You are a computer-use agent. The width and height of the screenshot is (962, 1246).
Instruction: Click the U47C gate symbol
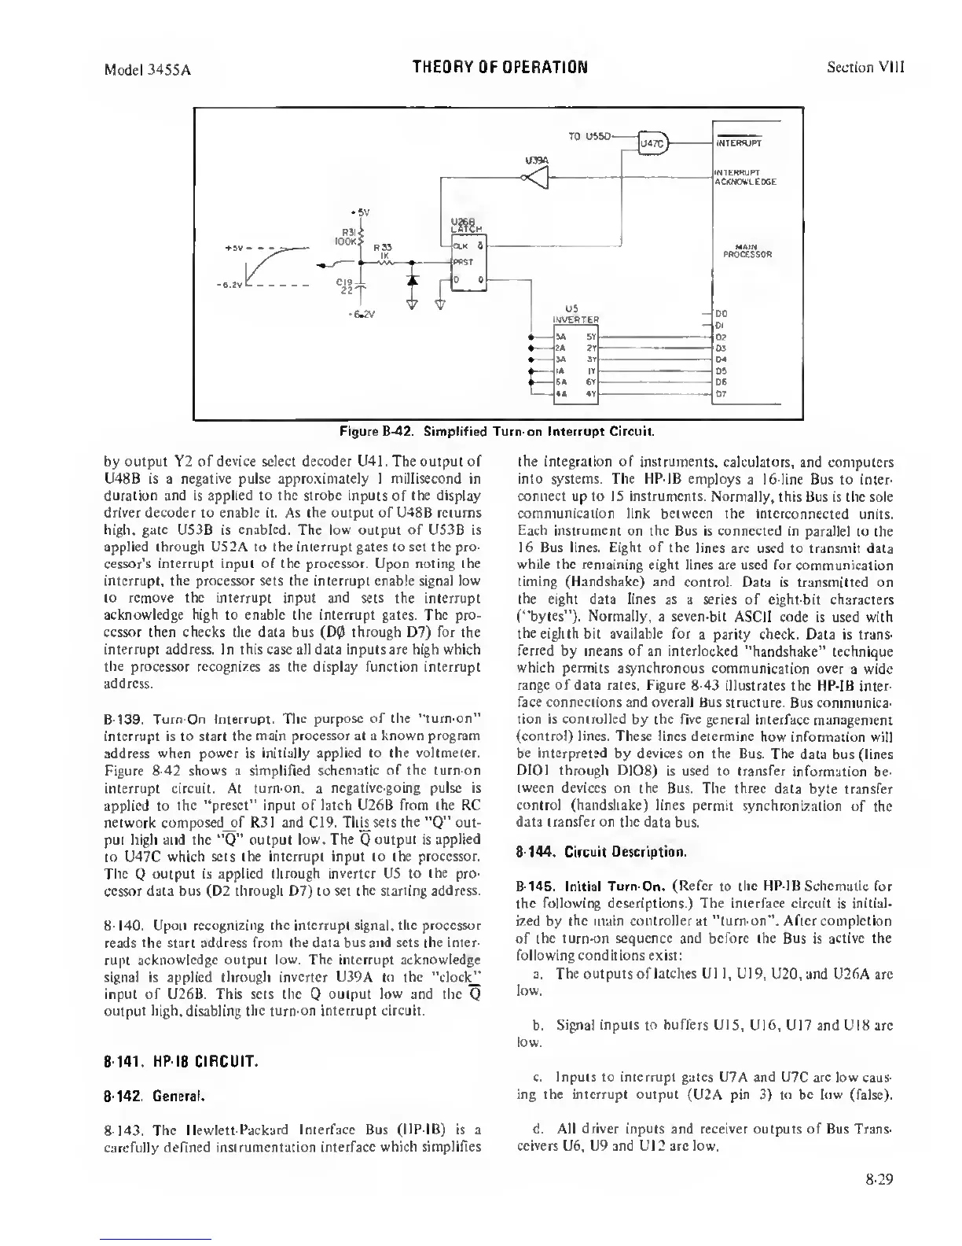point(652,142)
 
